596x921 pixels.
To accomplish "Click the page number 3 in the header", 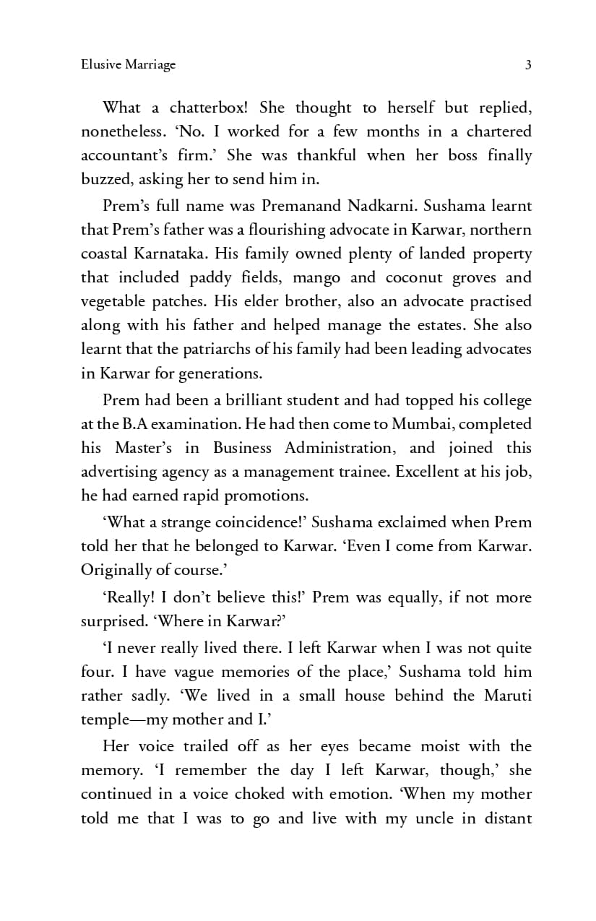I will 528,65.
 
